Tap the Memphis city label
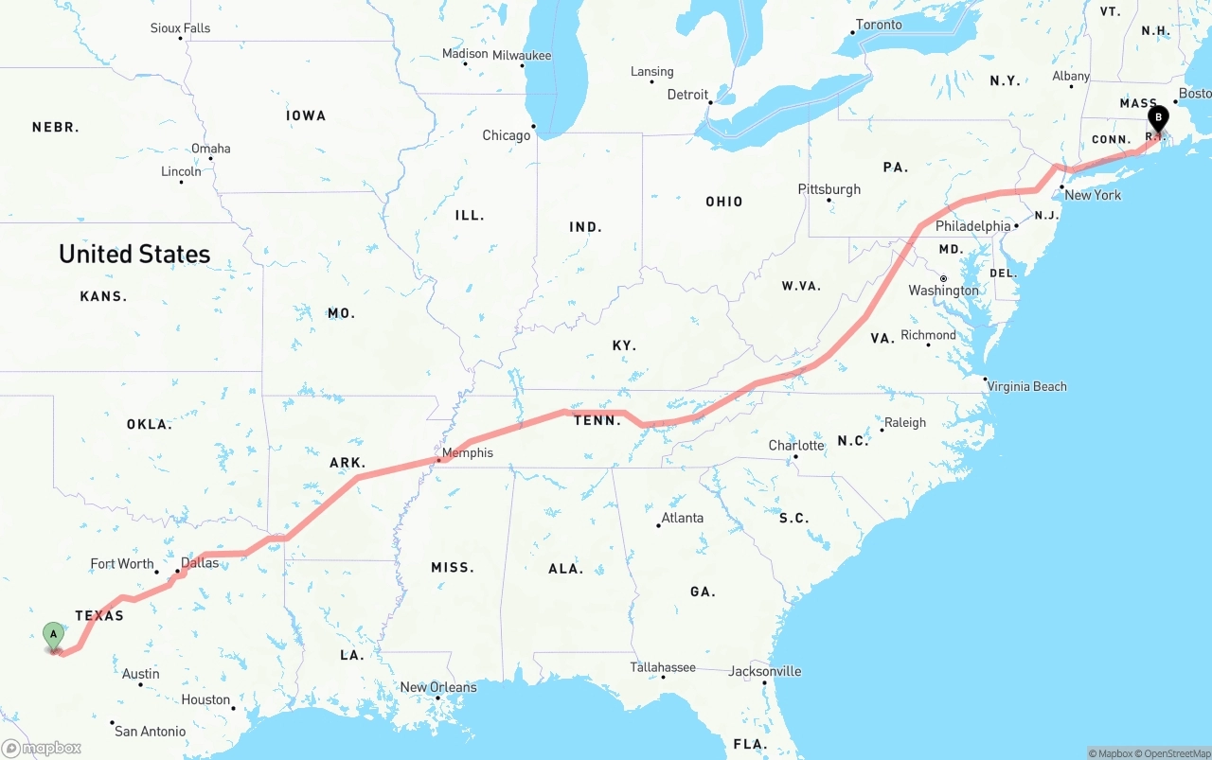[468, 452]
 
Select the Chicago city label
[507, 135]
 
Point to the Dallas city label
[200, 562]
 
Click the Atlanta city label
[683, 518]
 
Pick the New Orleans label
[438, 687]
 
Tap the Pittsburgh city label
[829, 189]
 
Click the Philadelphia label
[972, 226]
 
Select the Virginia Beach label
[1026, 386]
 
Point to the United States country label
[134, 254]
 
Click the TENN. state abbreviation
[597, 420]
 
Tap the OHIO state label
[724, 202]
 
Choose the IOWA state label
[306, 115]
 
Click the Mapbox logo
[42, 748]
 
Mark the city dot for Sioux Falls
[180, 38]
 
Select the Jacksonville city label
[765, 671]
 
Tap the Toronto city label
[879, 25]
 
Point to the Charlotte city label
[796, 445]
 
